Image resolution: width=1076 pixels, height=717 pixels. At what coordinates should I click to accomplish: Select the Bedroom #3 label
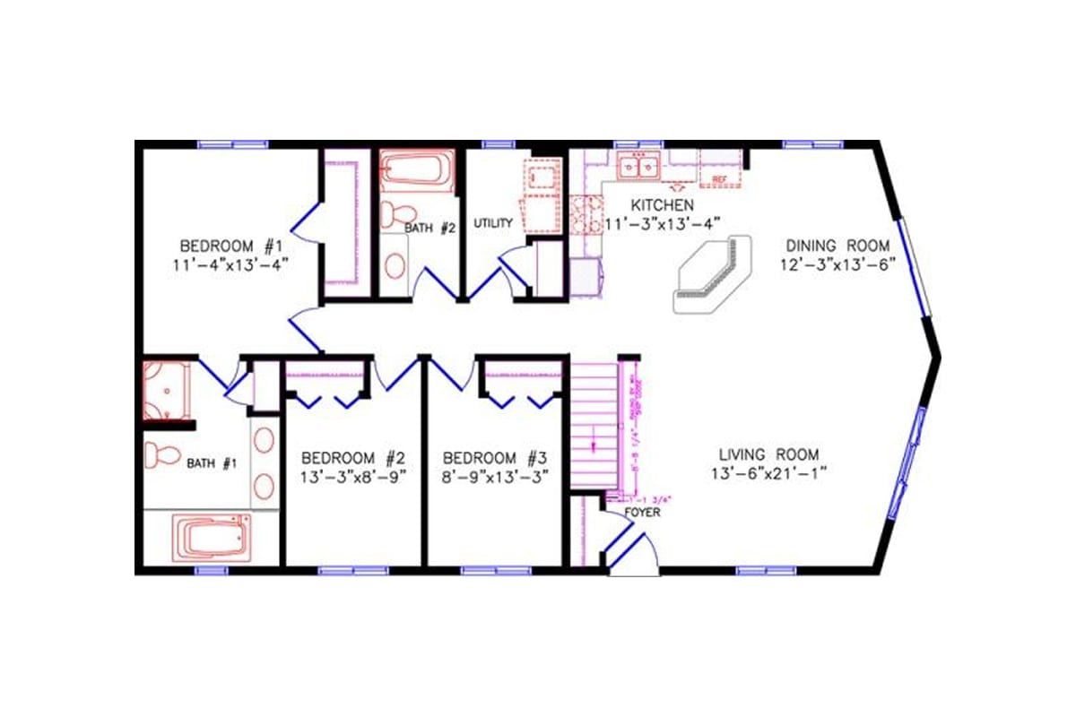495,456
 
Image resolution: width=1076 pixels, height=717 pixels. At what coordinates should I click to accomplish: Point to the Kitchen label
662,204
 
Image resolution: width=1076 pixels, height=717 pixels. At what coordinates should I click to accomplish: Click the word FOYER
642,513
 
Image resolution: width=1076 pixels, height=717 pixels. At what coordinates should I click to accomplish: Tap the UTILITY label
493,222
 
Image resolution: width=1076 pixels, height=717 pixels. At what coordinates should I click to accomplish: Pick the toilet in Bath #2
395,214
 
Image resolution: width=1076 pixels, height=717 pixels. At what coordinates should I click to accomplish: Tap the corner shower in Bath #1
167,389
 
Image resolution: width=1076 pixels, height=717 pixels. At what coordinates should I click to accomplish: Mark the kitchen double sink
638,166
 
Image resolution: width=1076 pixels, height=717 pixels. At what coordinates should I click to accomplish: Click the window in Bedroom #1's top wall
232,143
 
